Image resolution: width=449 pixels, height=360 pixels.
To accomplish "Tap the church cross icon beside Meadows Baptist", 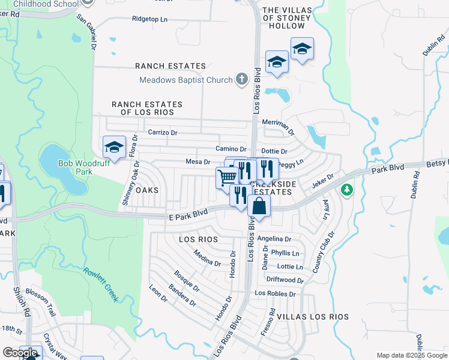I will coord(241,80).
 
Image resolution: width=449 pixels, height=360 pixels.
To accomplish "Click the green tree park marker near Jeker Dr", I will coord(346,190).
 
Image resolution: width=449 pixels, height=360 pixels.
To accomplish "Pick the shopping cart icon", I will coord(226,178).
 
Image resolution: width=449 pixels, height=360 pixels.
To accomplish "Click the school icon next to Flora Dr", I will coord(113,146).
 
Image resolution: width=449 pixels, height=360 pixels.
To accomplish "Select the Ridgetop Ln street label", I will coord(150,19).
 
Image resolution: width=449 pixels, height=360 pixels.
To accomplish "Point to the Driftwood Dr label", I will coord(285,280).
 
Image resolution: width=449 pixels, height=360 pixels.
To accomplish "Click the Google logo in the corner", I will coord(20,353).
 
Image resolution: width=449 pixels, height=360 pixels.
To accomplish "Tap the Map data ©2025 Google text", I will coord(411,355).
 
